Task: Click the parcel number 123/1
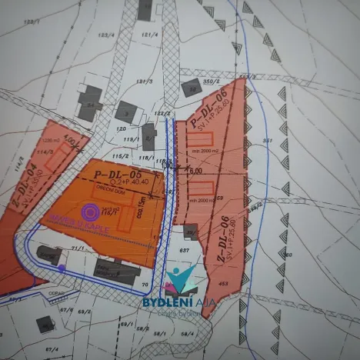(x=32, y=23)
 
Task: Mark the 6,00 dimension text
(x=194, y=171)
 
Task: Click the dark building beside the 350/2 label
(x=189, y=88)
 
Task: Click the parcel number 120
(x=120, y=128)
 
